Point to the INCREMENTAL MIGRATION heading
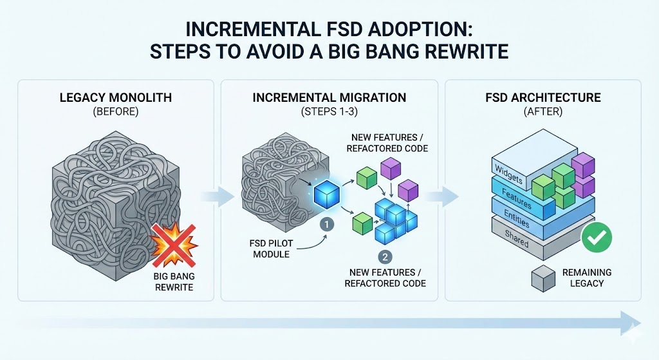329,98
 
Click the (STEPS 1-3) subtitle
329,111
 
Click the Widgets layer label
509,169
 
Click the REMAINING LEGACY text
586,278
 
